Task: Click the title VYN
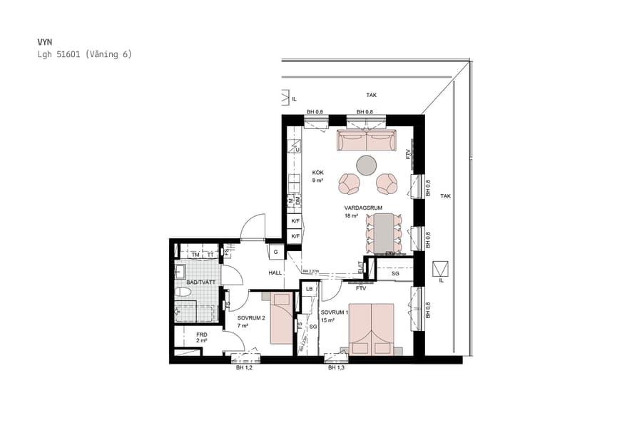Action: tap(45, 42)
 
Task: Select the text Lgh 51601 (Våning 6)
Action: tap(85, 54)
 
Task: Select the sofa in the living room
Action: tap(366, 141)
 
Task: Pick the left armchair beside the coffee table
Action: tap(350, 184)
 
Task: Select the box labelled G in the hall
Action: tap(275, 253)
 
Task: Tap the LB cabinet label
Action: tap(309, 289)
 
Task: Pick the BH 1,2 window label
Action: tap(244, 368)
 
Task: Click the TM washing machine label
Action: tap(194, 255)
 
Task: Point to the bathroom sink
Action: tap(180, 270)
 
